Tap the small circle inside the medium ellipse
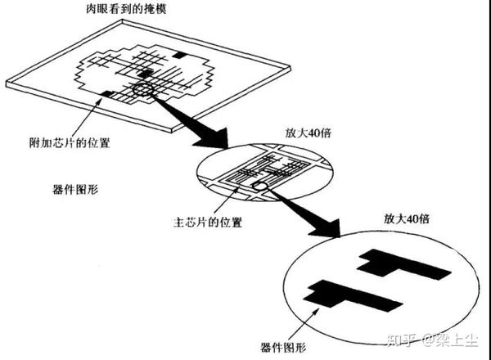click(x=261, y=187)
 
